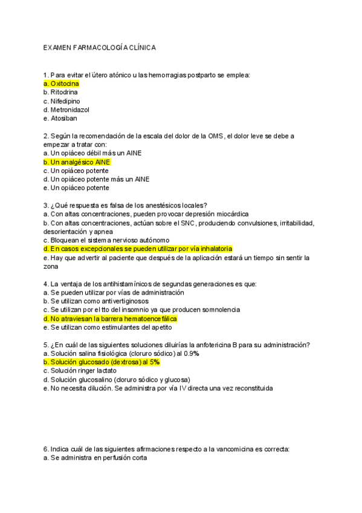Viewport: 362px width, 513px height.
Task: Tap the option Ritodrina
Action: [x=60, y=93]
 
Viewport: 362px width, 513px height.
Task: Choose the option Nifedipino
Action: [x=62, y=101]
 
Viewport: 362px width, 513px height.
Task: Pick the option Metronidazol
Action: [x=66, y=110]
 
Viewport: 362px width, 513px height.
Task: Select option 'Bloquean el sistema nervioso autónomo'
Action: [x=106, y=240]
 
